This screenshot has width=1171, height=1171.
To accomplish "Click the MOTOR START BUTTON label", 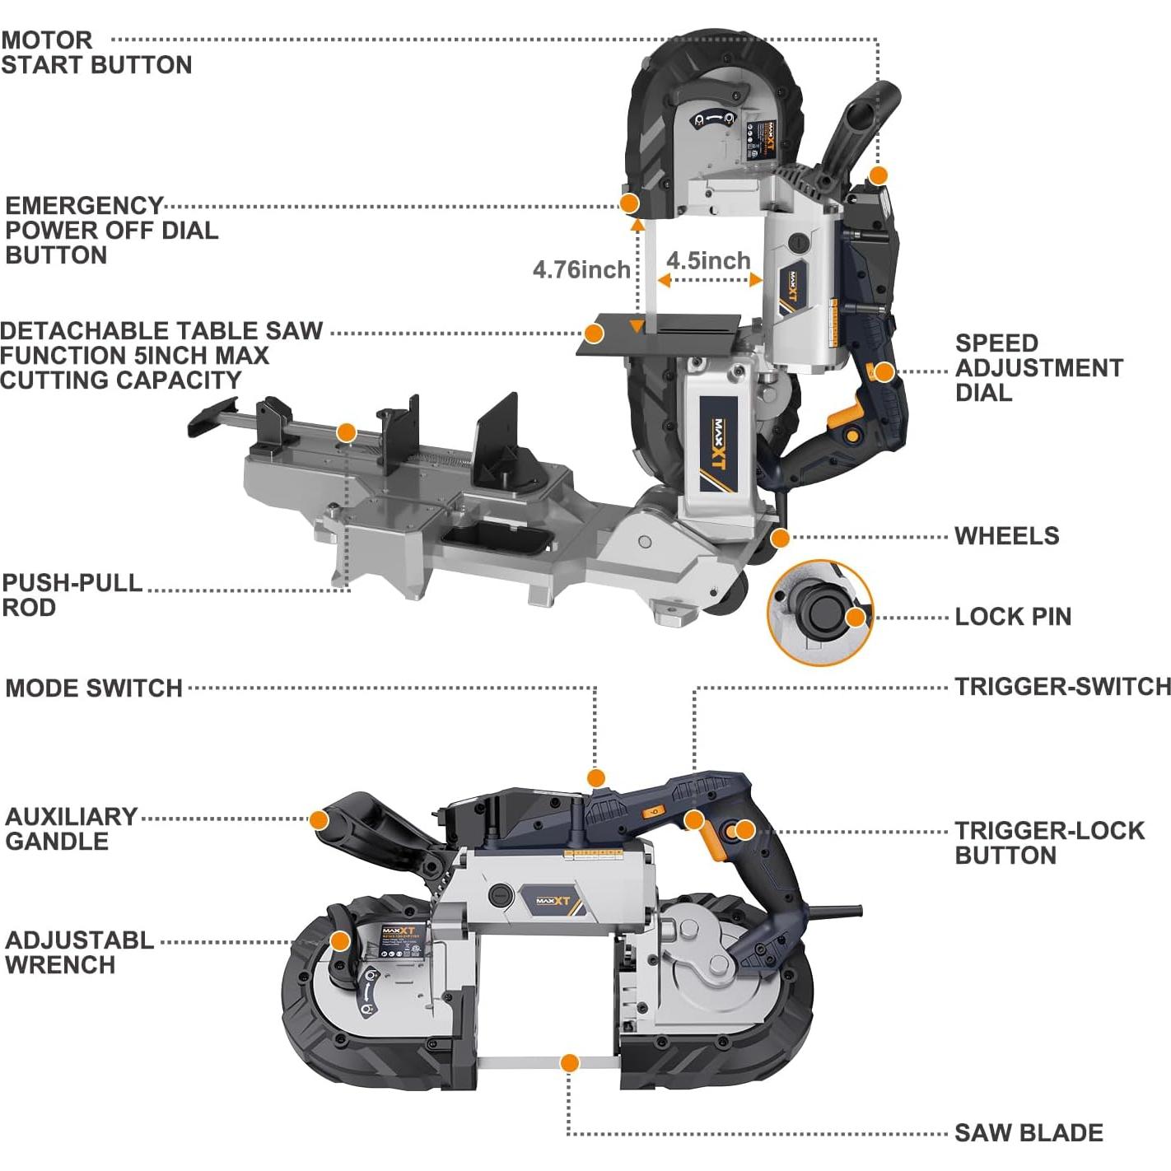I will coord(96,53).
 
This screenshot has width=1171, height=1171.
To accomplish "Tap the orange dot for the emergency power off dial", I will coord(629,203).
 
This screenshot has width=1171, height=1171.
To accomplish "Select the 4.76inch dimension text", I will coord(581,269).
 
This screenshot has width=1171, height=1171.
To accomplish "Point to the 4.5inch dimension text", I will coord(708,260).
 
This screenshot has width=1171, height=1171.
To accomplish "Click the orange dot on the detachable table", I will coord(593,334).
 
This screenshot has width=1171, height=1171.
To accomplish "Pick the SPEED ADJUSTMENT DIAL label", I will coord(1038,367).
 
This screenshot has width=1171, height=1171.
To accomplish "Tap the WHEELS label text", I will coord(1006,536).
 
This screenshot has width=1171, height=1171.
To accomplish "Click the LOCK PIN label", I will coord(1013,617).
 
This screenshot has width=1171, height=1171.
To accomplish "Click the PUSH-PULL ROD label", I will coord(72,595).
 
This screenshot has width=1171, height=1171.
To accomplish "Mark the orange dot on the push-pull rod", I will coord(347,432).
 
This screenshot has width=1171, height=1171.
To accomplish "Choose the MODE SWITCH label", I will coord(94,688).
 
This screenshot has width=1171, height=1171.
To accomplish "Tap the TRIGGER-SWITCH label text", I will coord(1062,687).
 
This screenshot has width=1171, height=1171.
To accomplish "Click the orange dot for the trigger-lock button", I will coord(744,830).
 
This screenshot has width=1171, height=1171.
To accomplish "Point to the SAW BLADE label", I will coord(1029,1133).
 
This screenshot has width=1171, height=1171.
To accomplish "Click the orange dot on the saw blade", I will coord(569,1063).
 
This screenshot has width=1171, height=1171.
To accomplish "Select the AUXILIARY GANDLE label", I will coord(72,828).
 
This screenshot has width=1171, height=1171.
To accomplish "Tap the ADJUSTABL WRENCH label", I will coord(79,952).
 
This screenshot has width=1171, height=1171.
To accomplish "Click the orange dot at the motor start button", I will coord(879,175).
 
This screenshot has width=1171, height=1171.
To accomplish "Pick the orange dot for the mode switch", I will coord(596,777).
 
